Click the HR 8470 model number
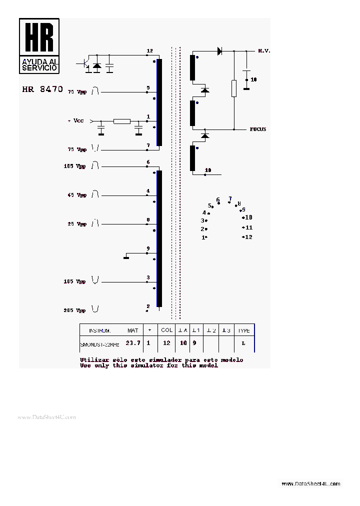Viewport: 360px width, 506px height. (42, 89)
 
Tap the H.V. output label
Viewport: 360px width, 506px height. (264, 51)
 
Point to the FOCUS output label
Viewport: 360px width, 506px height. (258, 129)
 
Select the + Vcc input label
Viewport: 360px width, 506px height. (76, 121)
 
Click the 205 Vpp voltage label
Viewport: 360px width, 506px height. (74, 310)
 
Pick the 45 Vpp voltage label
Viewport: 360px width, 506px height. (76, 195)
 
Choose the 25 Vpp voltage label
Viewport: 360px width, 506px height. (77, 224)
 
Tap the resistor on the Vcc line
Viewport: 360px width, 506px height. (121, 121)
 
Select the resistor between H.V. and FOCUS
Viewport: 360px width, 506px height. (233, 88)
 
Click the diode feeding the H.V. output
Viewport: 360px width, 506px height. (219, 50)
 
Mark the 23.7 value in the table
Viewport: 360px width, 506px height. (133, 343)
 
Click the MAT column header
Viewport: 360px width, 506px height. (132, 330)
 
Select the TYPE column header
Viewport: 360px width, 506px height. (243, 330)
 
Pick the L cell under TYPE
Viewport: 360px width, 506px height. (243, 343)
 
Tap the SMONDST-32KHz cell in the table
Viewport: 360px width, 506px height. (100, 344)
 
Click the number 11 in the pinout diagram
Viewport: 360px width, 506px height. (248, 227)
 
